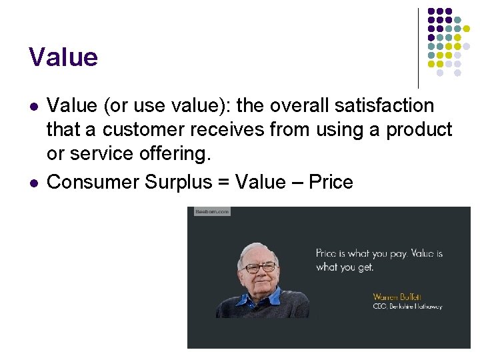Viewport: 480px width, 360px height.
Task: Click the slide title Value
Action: point(63,57)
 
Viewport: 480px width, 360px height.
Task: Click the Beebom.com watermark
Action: point(211,211)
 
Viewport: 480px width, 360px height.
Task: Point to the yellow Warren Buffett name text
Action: point(397,297)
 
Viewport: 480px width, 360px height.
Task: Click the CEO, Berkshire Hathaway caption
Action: point(407,307)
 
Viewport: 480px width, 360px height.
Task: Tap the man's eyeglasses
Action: point(260,267)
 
